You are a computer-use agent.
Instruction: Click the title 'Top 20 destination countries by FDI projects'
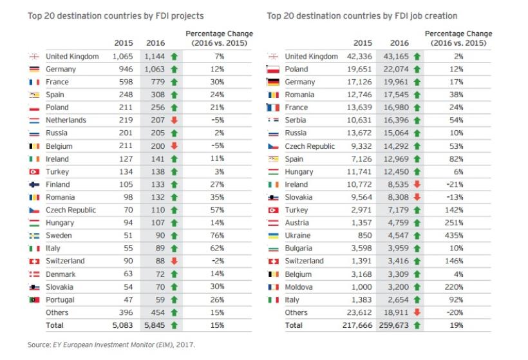point(115,15)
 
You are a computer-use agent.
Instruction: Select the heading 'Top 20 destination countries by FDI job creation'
point(362,15)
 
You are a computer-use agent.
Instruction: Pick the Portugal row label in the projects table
point(60,299)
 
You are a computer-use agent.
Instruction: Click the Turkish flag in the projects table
point(35,172)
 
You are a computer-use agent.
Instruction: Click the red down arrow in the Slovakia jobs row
point(416,197)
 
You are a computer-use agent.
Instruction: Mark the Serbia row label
point(296,120)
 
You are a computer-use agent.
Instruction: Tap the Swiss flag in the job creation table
point(273,261)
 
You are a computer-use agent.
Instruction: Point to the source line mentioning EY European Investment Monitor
point(111,345)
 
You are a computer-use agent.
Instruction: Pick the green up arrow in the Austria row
point(416,223)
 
